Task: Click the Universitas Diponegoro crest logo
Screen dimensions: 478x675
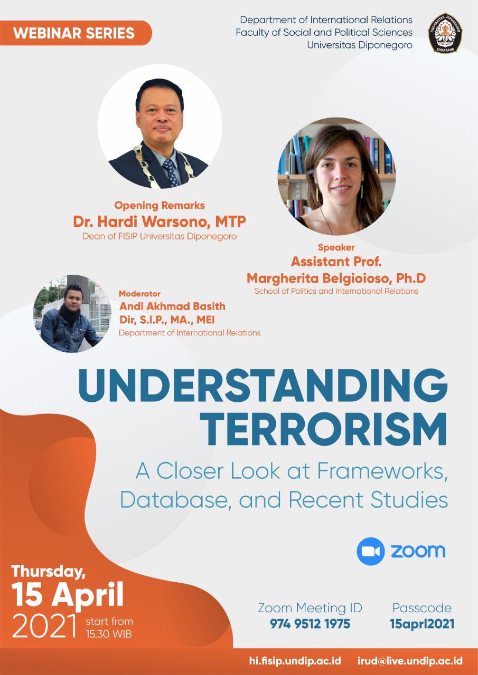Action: pos(445,33)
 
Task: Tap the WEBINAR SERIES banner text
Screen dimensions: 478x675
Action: pos(74,33)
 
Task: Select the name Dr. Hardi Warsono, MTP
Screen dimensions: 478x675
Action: pos(160,221)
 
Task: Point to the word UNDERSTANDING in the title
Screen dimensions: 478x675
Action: pos(263,385)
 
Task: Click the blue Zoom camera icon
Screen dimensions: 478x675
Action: pos(371,551)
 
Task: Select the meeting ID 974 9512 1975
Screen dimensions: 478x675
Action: pos(310,624)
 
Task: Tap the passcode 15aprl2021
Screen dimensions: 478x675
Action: pos(422,624)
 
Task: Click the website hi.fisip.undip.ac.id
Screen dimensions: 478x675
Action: pos(295,661)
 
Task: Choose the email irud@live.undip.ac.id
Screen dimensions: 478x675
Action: pos(410,661)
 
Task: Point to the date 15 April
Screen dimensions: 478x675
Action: pos(68,594)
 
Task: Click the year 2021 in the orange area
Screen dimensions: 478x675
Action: pos(44,626)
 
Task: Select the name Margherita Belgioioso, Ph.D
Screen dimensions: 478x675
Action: pos(336,278)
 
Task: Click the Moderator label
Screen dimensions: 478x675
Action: pos(140,294)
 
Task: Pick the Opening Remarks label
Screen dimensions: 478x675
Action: pos(160,206)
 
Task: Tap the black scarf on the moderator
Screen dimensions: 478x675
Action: pos(70,313)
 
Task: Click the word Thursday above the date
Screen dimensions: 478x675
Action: pos(48,572)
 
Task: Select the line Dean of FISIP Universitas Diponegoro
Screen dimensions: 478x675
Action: pos(160,236)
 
